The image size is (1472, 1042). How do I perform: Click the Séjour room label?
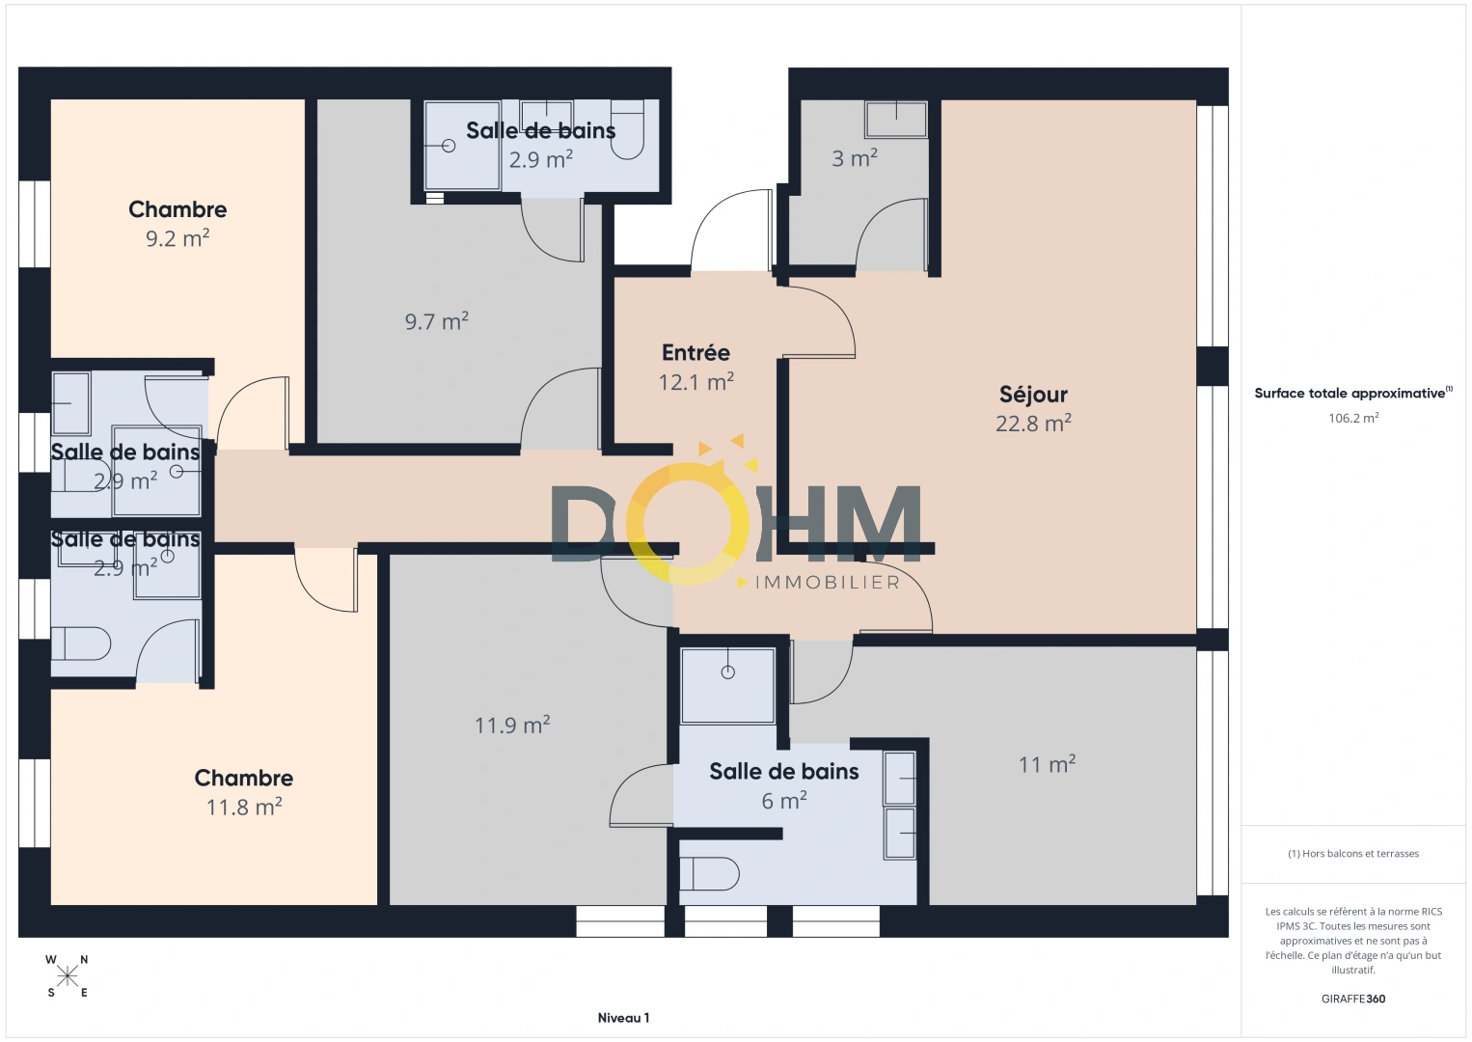tap(1033, 395)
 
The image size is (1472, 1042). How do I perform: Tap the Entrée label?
tap(695, 353)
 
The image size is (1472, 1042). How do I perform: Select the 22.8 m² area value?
tap(1033, 424)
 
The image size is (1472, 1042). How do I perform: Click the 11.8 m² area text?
tap(244, 807)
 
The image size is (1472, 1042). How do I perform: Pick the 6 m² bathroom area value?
tap(784, 801)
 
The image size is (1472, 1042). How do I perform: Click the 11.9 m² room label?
tap(512, 726)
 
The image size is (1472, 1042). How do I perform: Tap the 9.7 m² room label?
tap(437, 321)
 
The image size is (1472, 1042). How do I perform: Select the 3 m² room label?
tap(855, 158)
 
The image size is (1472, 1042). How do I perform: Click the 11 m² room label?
tap(1047, 765)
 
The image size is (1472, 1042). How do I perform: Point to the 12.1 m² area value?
tap(695, 382)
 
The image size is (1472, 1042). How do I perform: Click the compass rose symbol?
tap(68, 975)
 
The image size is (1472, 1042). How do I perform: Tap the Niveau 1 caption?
tap(623, 1018)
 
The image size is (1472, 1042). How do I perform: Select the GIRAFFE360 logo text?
tap(1352, 999)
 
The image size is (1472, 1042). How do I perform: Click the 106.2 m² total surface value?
tap(1352, 419)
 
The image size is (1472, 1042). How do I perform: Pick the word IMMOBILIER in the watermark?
tap(827, 583)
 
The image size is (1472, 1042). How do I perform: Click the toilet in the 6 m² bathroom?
tap(710, 874)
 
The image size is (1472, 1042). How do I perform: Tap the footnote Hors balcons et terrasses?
tap(1352, 854)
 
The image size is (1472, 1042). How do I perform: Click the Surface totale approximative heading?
tap(1351, 394)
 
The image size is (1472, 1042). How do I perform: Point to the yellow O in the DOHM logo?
tap(687, 524)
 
